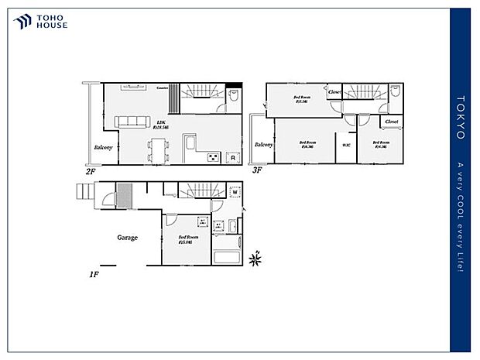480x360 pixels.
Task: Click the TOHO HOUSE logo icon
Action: (22, 21)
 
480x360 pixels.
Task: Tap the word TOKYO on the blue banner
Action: (460, 118)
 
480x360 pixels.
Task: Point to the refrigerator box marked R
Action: (231, 157)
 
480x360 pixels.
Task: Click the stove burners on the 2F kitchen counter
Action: (211, 157)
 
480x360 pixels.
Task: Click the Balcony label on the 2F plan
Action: (104, 148)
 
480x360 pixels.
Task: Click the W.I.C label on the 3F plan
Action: (345, 145)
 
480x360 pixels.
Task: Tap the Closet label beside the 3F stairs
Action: (334, 92)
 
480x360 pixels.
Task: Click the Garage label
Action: (127, 237)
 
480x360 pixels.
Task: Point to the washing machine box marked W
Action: (233, 214)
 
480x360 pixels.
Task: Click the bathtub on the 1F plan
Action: (228, 256)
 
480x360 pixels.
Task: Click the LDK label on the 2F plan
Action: (161, 123)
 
